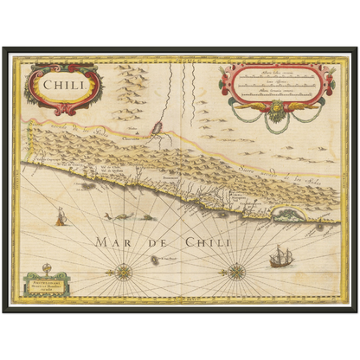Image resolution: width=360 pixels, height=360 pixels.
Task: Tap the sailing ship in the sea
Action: pos(280,256)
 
